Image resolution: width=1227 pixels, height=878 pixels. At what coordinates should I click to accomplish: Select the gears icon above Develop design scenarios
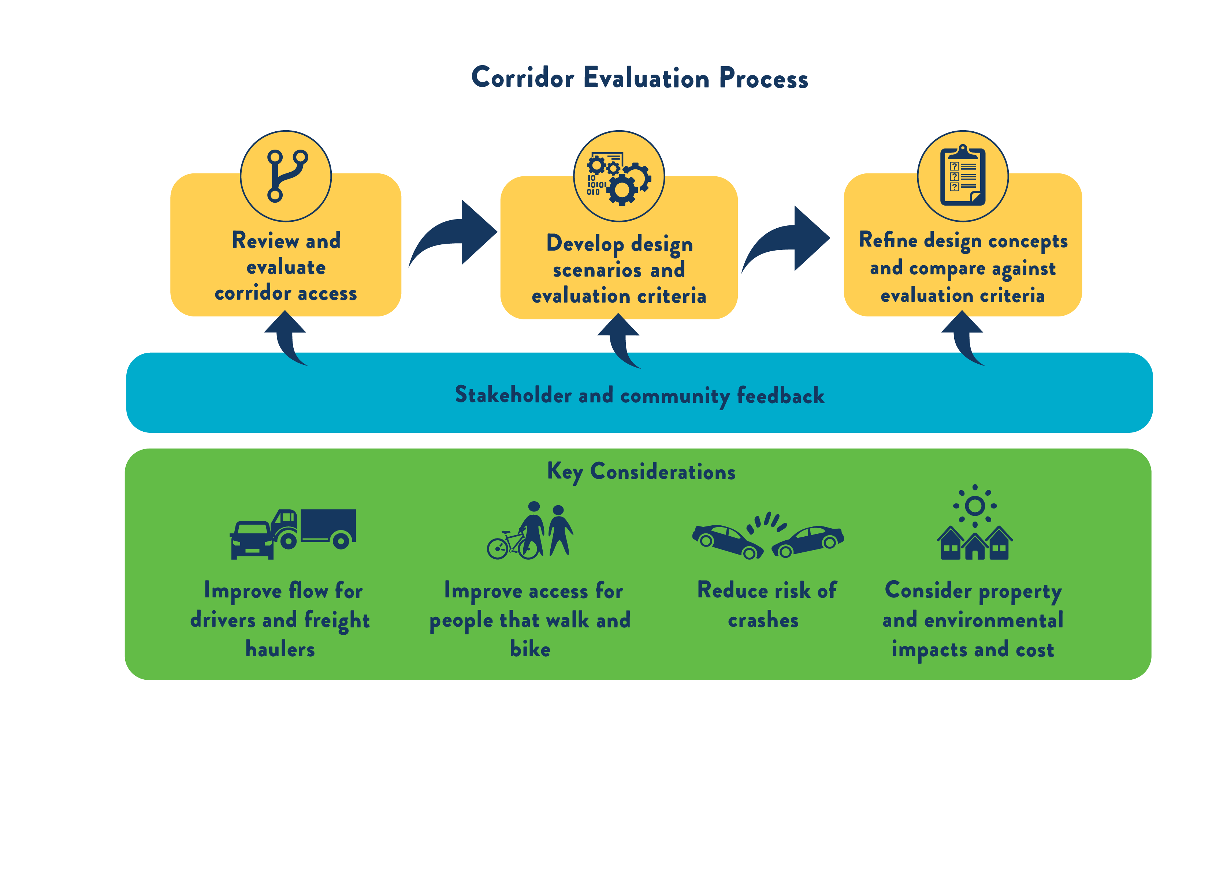point(619,176)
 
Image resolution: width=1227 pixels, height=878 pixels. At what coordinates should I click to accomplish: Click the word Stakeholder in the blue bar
point(513,395)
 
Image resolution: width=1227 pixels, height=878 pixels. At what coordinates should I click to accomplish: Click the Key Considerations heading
point(641,472)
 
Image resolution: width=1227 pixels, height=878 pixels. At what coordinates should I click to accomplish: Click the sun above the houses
point(975,506)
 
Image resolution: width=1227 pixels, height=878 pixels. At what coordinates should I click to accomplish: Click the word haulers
point(280,649)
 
